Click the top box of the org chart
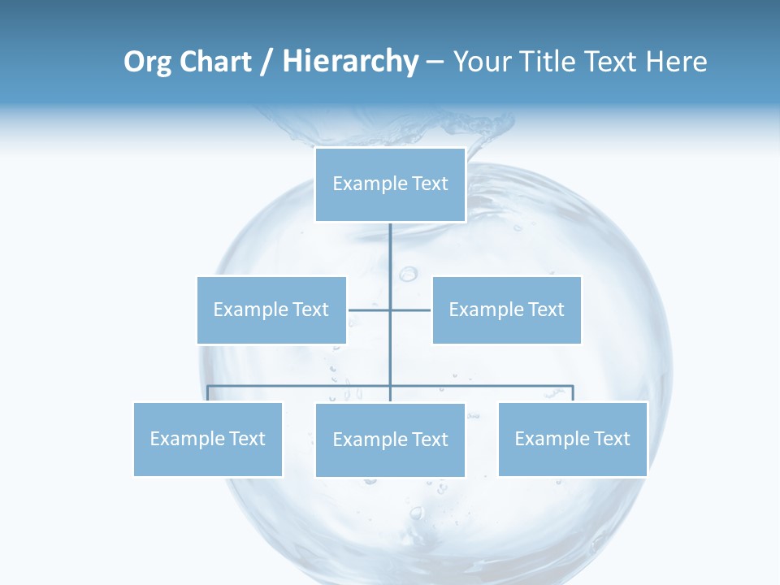point(390,184)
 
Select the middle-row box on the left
point(271,310)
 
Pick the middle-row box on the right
point(506,310)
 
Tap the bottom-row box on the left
point(208,439)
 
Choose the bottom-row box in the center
point(390,440)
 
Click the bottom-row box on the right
point(572,439)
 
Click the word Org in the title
point(148,62)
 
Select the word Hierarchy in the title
point(349,62)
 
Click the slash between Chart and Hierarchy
point(266,63)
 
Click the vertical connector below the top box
point(390,260)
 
